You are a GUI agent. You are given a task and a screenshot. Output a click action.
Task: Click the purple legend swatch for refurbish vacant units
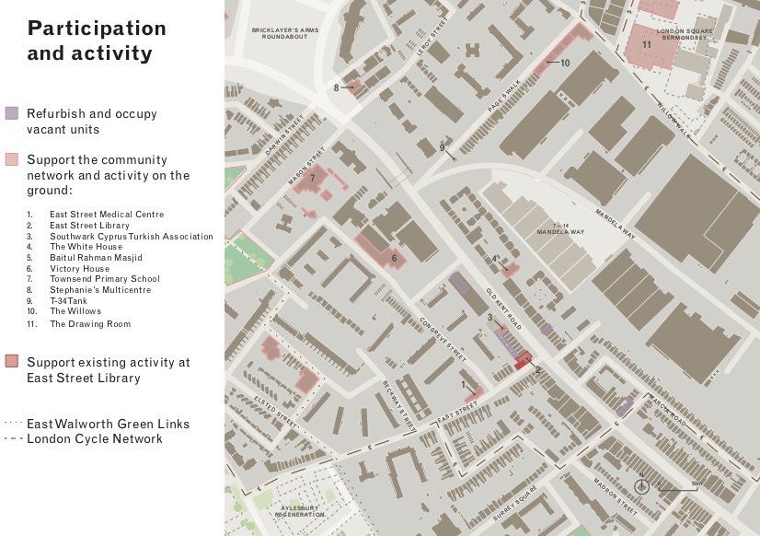pos(11,113)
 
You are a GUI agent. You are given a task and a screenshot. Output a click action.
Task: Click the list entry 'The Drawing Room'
pos(90,324)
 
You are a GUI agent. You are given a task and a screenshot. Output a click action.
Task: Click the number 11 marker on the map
pos(647,44)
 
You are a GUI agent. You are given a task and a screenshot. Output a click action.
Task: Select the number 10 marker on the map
pos(565,63)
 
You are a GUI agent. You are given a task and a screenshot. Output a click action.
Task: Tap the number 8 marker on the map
pos(337,87)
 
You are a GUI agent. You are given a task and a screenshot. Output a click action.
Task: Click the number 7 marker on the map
pos(313,178)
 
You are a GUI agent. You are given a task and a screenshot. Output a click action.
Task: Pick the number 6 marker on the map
pos(394,259)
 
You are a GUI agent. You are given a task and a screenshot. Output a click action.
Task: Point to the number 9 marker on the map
pos(442,147)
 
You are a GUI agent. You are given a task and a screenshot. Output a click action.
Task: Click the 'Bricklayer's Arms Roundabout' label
pos(284,34)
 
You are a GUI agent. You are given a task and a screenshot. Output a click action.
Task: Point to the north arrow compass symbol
pos(642,486)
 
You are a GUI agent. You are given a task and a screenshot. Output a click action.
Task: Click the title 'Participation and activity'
pos(97,41)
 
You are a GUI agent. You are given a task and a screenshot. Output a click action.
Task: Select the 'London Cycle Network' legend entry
pos(95,439)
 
